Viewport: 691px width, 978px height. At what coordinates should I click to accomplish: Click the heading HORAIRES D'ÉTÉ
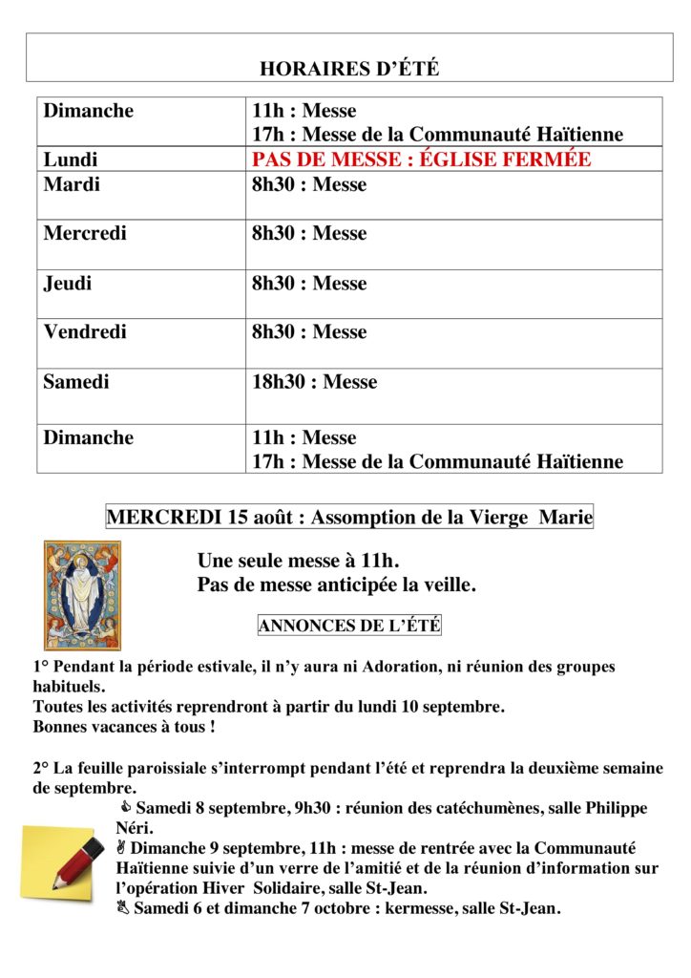[349, 69]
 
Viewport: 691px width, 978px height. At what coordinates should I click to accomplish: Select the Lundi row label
[71, 159]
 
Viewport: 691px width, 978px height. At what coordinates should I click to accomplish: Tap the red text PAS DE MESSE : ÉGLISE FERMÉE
[421, 159]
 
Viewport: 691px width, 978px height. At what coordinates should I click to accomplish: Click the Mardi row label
[72, 184]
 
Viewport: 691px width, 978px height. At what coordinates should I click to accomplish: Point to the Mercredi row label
[85, 233]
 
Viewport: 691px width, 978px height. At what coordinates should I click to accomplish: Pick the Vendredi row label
[85, 332]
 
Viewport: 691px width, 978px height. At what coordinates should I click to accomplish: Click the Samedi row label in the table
[76, 382]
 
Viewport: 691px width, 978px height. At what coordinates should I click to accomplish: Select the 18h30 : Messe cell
[314, 382]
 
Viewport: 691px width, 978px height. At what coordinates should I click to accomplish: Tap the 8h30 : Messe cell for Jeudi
[308, 283]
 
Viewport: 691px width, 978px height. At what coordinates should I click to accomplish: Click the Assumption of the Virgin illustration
[82, 594]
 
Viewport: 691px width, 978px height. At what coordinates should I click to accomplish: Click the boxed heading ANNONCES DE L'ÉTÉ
[349, 627]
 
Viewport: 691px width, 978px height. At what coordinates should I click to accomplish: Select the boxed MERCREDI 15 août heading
[349, 518]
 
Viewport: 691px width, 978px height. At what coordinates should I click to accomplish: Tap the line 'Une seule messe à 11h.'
[298, 561]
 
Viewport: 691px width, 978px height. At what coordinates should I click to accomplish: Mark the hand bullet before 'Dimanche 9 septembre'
[121, 847]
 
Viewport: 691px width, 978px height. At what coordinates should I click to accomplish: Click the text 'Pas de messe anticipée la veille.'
[336, 585]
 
